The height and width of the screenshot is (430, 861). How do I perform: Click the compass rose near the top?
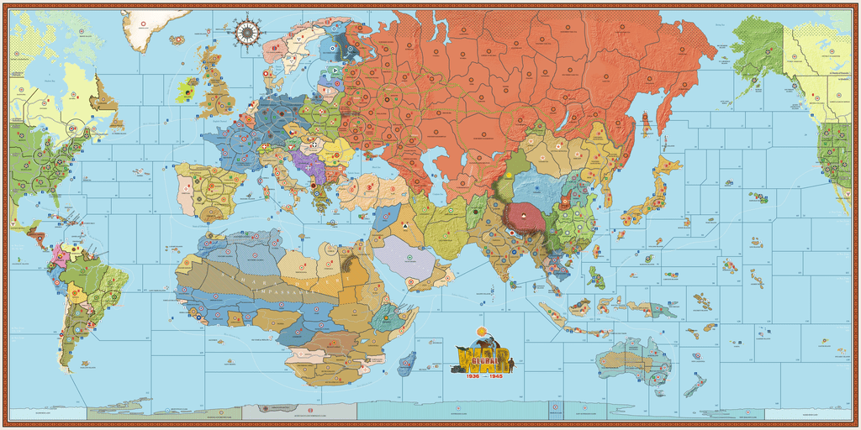point(247,32)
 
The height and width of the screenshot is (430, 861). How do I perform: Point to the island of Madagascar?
point(409,362)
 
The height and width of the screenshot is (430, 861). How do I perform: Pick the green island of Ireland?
point(188,91)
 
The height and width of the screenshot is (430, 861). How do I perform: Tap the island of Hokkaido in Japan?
point(668,164)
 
